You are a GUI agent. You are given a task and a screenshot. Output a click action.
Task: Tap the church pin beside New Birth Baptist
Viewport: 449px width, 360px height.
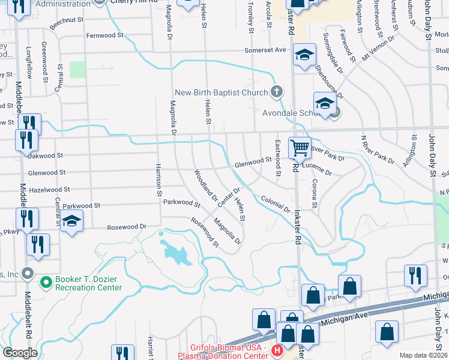pos(276,92)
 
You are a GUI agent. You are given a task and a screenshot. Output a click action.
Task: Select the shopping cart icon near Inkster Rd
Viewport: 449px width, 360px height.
pos(300,147)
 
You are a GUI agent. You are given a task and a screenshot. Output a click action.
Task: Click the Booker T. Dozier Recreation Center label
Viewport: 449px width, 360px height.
pos(88,283)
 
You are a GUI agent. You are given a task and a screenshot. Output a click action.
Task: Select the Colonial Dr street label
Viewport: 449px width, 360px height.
pos(276,204)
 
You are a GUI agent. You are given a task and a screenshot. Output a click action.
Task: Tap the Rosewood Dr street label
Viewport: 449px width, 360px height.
pos(127,227)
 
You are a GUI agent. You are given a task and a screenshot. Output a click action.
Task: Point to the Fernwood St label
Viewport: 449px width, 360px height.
pos(105,35)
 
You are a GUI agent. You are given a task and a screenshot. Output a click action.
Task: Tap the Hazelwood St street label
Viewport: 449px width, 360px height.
pos(49,189)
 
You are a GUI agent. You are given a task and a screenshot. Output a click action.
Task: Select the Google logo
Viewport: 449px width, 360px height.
pos(20,353)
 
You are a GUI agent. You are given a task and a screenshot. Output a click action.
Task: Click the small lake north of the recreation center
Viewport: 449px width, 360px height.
pos(175,252)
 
